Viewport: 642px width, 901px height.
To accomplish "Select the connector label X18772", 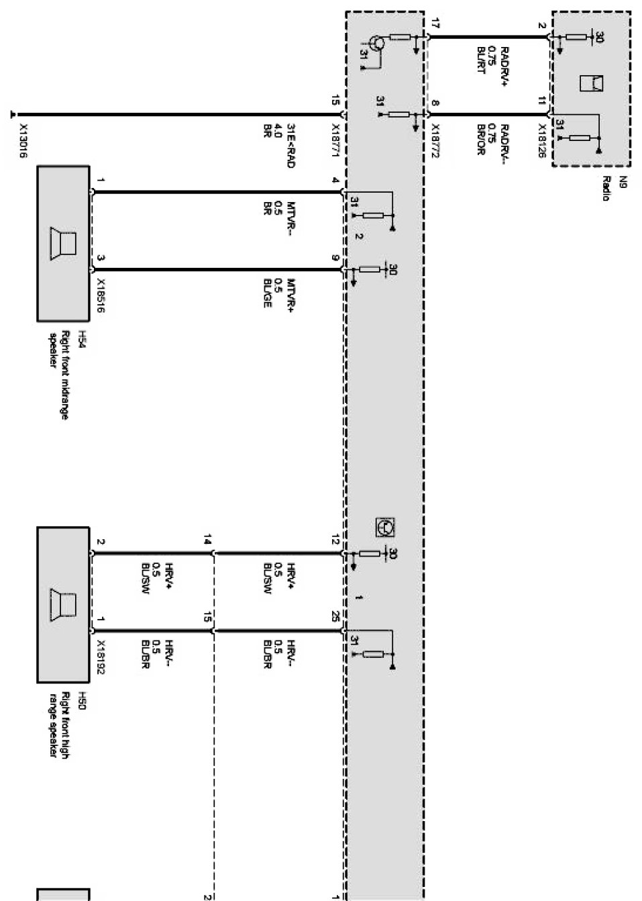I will click(x=434, y=140).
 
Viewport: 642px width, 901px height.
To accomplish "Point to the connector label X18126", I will click(x=541, y=140).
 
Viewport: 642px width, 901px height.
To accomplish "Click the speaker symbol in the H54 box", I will click(x=62, y=243).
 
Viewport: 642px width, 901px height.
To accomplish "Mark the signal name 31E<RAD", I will click(x=291, y=145).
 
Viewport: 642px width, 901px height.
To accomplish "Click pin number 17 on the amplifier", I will click(x=435, y=25).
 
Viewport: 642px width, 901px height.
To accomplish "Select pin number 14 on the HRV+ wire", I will click(x=208, y=539).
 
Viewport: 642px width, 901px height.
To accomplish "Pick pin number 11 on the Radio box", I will click(x=541, y=101).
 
